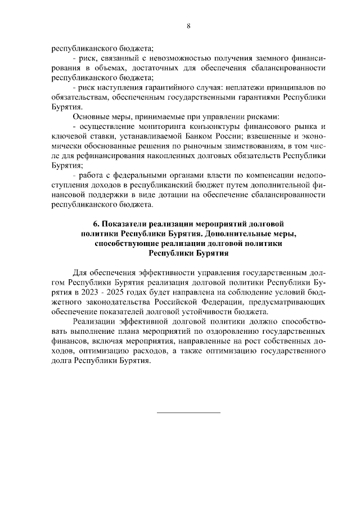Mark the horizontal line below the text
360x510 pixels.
point(188,413)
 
